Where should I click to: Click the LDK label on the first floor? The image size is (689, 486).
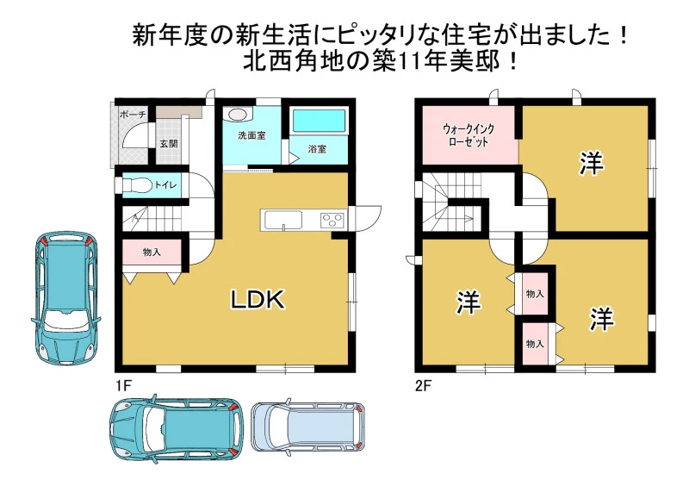coord(258,300)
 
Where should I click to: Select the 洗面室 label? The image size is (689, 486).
coord(251,135)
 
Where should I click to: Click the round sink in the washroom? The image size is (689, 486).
coord(238,115)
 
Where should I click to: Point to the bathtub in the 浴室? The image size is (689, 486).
coord(319,121)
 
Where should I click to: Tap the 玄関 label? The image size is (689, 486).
coord(169,143)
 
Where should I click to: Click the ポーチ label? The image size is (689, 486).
coord(133,115)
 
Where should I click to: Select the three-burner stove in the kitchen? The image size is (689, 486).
coord(333,220)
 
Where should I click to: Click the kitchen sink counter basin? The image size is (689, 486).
coord(282,220)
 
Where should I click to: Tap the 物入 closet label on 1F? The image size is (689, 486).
coord(152,252)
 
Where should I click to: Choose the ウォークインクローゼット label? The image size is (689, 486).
coord(468,135)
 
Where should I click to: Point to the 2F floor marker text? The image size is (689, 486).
coord(424,386)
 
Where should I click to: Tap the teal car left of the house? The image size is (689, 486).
coord(66,299)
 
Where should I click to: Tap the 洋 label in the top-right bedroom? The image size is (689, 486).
coord(591,163)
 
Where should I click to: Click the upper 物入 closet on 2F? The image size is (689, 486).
coord(535,294)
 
